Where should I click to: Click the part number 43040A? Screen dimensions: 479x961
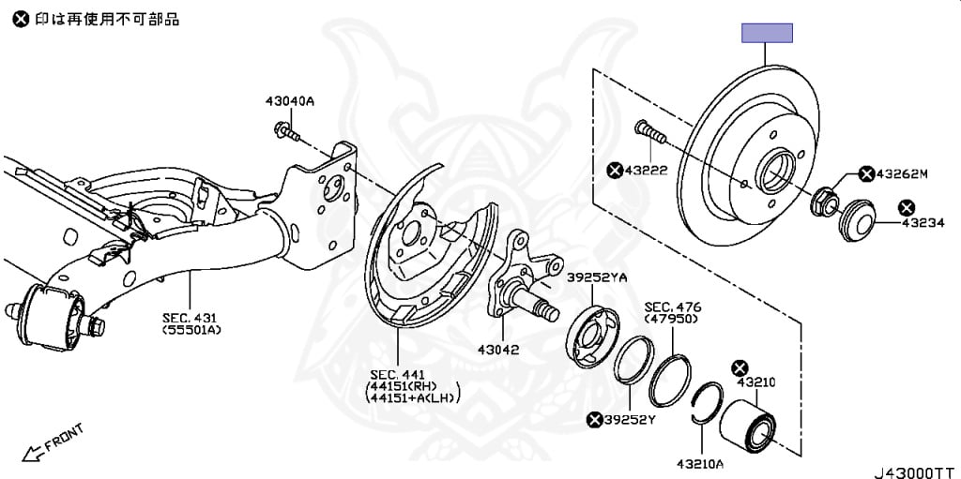(x=289, y=101)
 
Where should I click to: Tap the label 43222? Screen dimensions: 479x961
(x=647, y=170)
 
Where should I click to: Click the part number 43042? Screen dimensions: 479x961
(x=499, y=349)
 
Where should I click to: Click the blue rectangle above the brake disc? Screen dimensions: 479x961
(x=768, y=34)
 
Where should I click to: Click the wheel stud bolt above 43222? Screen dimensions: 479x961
(x=648, y=133)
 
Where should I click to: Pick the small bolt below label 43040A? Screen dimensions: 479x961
(x=285, y=130)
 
